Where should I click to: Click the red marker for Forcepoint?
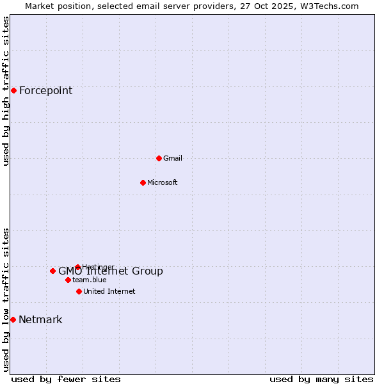click(13, 90)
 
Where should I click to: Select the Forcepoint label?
click(45, 90)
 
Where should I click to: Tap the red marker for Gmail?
click(159, 158)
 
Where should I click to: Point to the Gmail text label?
click(173, 158)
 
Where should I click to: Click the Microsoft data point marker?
click(143, 182)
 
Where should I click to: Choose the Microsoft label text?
click(163, 182)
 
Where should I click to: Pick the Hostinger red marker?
click(77, 267)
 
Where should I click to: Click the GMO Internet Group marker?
click(52, 271)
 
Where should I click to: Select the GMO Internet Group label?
click(111, 271)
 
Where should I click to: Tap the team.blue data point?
click(68, 280)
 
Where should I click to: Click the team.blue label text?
click(90, 280)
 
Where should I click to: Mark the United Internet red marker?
click(79, 291)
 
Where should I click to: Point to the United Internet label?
click(109, 291)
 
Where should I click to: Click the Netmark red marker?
click(13, 319)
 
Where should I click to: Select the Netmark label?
click(40, 320)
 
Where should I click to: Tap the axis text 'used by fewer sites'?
click(66, 379)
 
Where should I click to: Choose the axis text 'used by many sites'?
click(321, 379)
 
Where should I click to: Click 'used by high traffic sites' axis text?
click(6, 91)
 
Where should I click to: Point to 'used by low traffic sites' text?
click(6, 300)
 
